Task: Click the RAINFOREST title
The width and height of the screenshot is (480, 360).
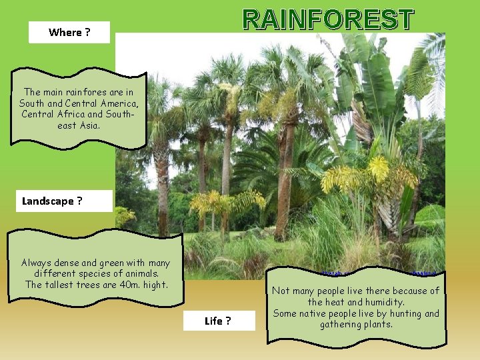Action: [x=328, y=20]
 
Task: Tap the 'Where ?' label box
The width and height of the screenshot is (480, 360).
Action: [x=69, y=32]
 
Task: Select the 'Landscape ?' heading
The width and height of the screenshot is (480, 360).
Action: [x=52, y=201]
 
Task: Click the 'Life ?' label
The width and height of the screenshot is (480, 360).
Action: [x=218, y=321]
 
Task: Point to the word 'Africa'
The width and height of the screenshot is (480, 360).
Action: [x=76, y=114]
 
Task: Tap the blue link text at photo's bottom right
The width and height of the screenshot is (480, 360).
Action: [x=424, y=273]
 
